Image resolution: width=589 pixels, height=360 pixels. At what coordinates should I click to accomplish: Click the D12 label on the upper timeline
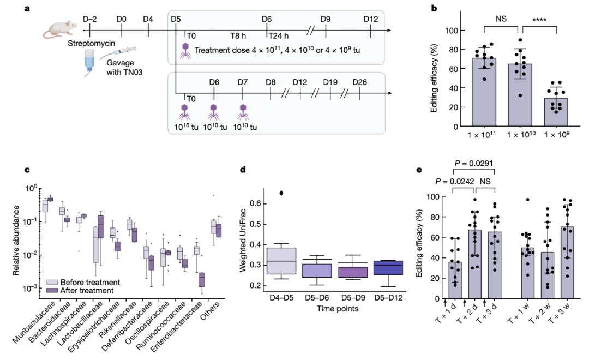click(371, 19)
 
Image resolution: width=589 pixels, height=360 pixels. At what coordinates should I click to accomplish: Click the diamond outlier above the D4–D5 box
click(281, 193)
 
